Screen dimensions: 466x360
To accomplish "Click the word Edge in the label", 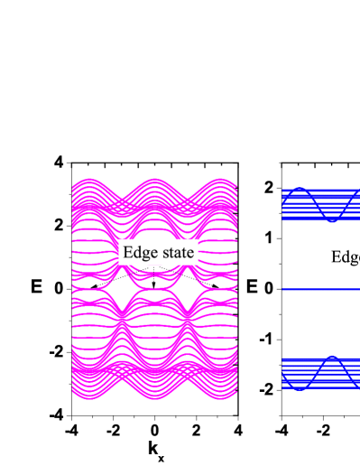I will (139, 253).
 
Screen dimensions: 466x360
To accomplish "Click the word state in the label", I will (176, 253).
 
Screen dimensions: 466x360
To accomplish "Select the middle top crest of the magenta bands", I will (155, 180).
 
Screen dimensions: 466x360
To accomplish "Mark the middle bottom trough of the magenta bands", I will (155, 398).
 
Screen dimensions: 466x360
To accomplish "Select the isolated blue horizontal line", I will (320, 290).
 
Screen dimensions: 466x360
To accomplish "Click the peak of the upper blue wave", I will (300, 189).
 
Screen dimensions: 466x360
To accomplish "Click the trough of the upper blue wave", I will (332, 220).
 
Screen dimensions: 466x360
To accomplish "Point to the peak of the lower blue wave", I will (332, 358).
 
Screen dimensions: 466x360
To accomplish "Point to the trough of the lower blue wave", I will (300, 389).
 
